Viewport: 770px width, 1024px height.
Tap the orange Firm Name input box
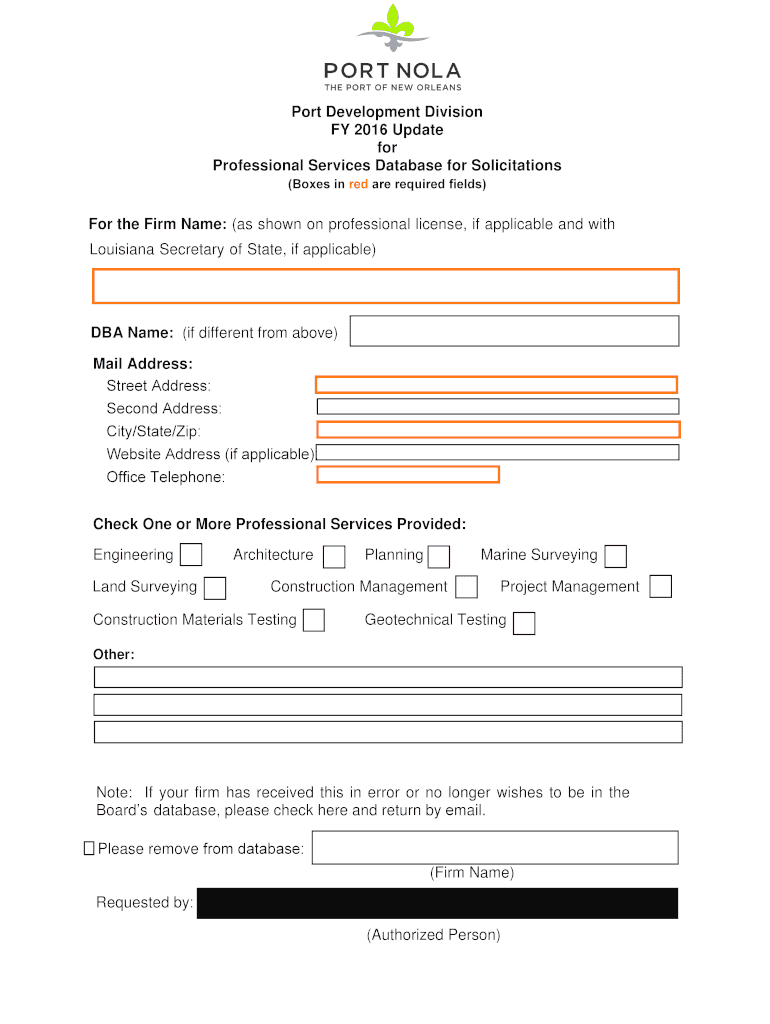[x=385, y=286]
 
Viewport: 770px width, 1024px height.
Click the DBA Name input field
[x=514, y=331]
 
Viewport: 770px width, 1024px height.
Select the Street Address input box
[x=496, y=385]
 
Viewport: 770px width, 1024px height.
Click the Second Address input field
[x=497, y=407]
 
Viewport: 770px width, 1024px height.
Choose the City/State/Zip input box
[x=498, y=430]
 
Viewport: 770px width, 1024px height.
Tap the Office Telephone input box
[x=408, y=475]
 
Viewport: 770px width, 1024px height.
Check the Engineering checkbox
[x=190, y=555]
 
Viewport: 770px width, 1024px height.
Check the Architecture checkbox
[x=334, y=556]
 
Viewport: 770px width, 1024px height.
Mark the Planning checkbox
[x=438, y=556]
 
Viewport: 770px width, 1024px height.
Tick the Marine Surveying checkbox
[x=616, y=556]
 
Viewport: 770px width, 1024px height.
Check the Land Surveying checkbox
[x=214, y=588]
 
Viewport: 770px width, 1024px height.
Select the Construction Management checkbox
[x=466, y=587]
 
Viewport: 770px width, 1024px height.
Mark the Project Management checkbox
[x=660, y=587]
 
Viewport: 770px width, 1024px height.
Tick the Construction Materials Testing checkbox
[x=314, y=620]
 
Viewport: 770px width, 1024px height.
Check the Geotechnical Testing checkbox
[x=523, y=623]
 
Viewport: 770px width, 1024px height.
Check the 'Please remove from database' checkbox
[x=89, y=849]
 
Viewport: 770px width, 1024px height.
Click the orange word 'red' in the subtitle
[x=358, y=185]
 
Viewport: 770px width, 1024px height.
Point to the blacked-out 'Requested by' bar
[x=437, y=903]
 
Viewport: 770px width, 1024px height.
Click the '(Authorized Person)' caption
[x=433, y=935]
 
